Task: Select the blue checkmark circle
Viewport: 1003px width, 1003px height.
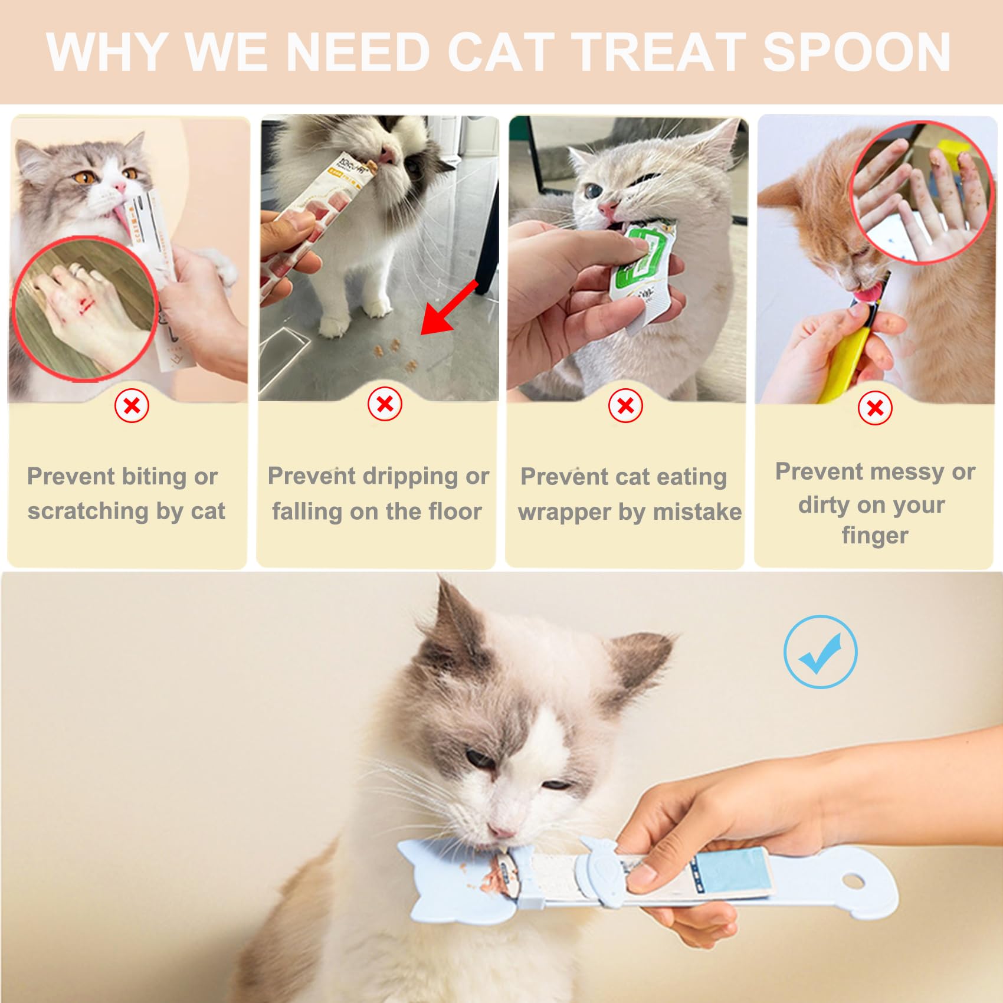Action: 820,651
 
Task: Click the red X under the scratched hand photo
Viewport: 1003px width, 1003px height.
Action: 132,406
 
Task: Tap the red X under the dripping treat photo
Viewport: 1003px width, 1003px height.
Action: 385,404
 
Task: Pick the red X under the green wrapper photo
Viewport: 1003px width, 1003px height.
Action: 625,406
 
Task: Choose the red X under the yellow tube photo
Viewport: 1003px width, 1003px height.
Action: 875,408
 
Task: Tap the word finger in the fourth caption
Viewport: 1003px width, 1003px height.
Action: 874,536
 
